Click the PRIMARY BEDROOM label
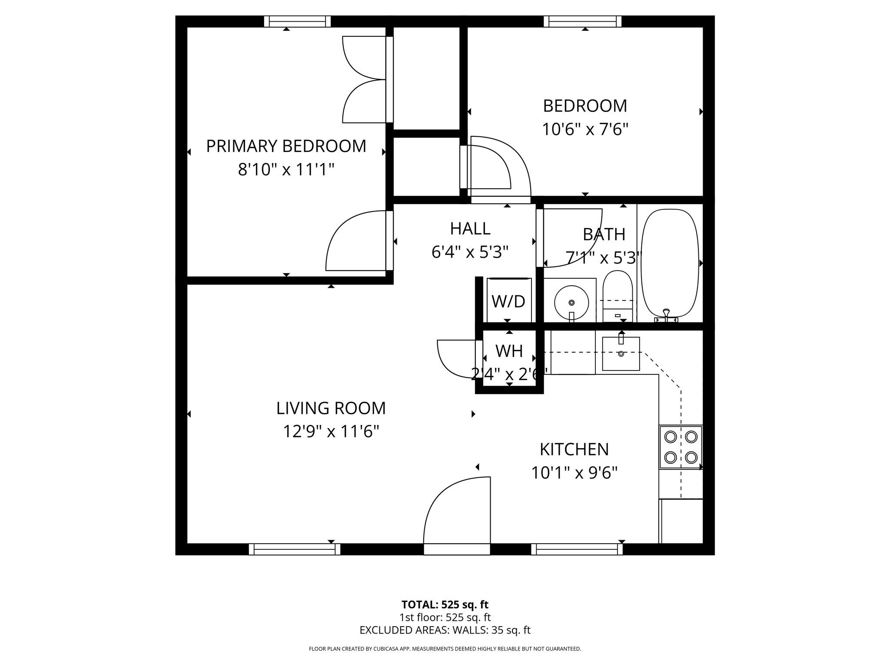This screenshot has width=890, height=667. click(286, 146)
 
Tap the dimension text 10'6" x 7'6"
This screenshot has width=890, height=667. click(585, 129)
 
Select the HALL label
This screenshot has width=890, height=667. click(470, 228)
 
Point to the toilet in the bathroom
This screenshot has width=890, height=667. click(618, 295)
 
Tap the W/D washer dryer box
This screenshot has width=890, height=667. click(508, 300)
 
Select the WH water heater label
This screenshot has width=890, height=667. click(509, 351)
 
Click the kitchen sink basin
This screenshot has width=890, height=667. click(621, 354)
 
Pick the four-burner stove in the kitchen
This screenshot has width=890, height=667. click(681, 447)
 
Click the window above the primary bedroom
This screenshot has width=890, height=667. click(298, 21)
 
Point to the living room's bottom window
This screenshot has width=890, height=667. click(295, 549)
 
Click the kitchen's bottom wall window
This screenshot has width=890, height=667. click(577, 549)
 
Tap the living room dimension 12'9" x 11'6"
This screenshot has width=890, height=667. click(331, 432)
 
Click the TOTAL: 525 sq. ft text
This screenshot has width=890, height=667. click(445, 604)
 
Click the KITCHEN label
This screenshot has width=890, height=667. click(574, 449)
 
